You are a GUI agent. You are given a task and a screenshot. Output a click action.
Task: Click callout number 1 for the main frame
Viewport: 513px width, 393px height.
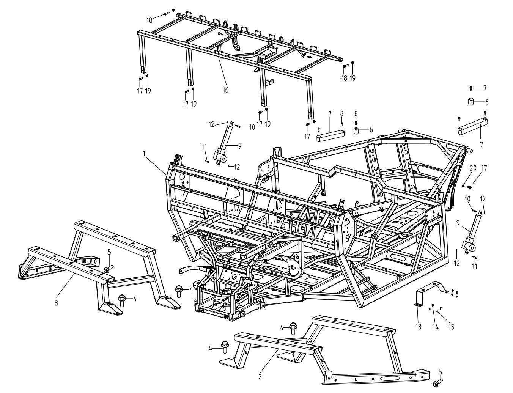point(144,153)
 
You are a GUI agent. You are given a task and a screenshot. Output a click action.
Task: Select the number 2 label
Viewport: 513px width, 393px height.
point(260,377)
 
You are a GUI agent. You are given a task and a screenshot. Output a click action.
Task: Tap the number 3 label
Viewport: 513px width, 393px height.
point(56,303)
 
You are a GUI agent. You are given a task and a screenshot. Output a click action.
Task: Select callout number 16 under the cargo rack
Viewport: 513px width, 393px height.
point(225,90)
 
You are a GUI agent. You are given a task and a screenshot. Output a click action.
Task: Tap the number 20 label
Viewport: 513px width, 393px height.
point(473,168)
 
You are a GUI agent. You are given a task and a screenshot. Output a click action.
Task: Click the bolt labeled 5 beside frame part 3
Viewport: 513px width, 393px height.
point(107,269)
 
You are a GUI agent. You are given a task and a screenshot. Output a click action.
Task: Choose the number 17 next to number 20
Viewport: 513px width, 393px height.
point(484,168)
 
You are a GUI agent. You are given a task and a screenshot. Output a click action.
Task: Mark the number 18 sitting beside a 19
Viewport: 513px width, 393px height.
point(344,78)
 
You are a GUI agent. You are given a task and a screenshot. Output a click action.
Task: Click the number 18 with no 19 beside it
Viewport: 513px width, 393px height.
point(150,19)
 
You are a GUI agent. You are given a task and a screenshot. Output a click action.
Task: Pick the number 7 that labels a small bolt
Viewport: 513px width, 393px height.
point(485,88)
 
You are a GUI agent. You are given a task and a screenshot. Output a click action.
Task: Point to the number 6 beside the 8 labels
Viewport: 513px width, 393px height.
point(371,130)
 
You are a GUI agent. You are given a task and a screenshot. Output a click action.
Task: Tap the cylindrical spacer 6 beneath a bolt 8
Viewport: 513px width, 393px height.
point(357,131)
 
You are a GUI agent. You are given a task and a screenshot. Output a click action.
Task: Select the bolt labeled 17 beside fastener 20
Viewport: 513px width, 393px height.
point(470,186)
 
